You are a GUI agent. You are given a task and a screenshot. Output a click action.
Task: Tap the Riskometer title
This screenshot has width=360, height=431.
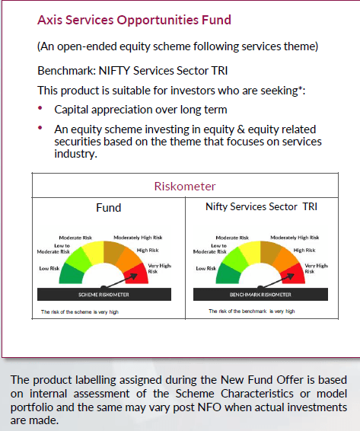coord(184,187)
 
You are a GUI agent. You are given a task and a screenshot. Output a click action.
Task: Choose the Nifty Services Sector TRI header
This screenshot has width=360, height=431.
coord(261,207)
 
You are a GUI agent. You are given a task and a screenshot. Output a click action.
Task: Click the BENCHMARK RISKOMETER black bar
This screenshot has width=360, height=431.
coord(261,294)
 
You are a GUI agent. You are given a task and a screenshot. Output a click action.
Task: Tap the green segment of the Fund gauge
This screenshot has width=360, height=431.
coord(72,273)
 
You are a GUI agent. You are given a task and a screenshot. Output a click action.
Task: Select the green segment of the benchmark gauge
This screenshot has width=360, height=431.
coord(228,273)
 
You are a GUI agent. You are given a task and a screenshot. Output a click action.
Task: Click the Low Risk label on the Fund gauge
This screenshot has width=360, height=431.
coord(49,268)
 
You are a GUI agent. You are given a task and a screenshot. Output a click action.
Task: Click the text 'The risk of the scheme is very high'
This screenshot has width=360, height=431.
coord(80,311)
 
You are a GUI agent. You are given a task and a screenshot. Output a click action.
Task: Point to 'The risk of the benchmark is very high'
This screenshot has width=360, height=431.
coord(252,311)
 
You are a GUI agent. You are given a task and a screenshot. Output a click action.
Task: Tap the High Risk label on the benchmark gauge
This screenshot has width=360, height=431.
coord(304,250)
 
